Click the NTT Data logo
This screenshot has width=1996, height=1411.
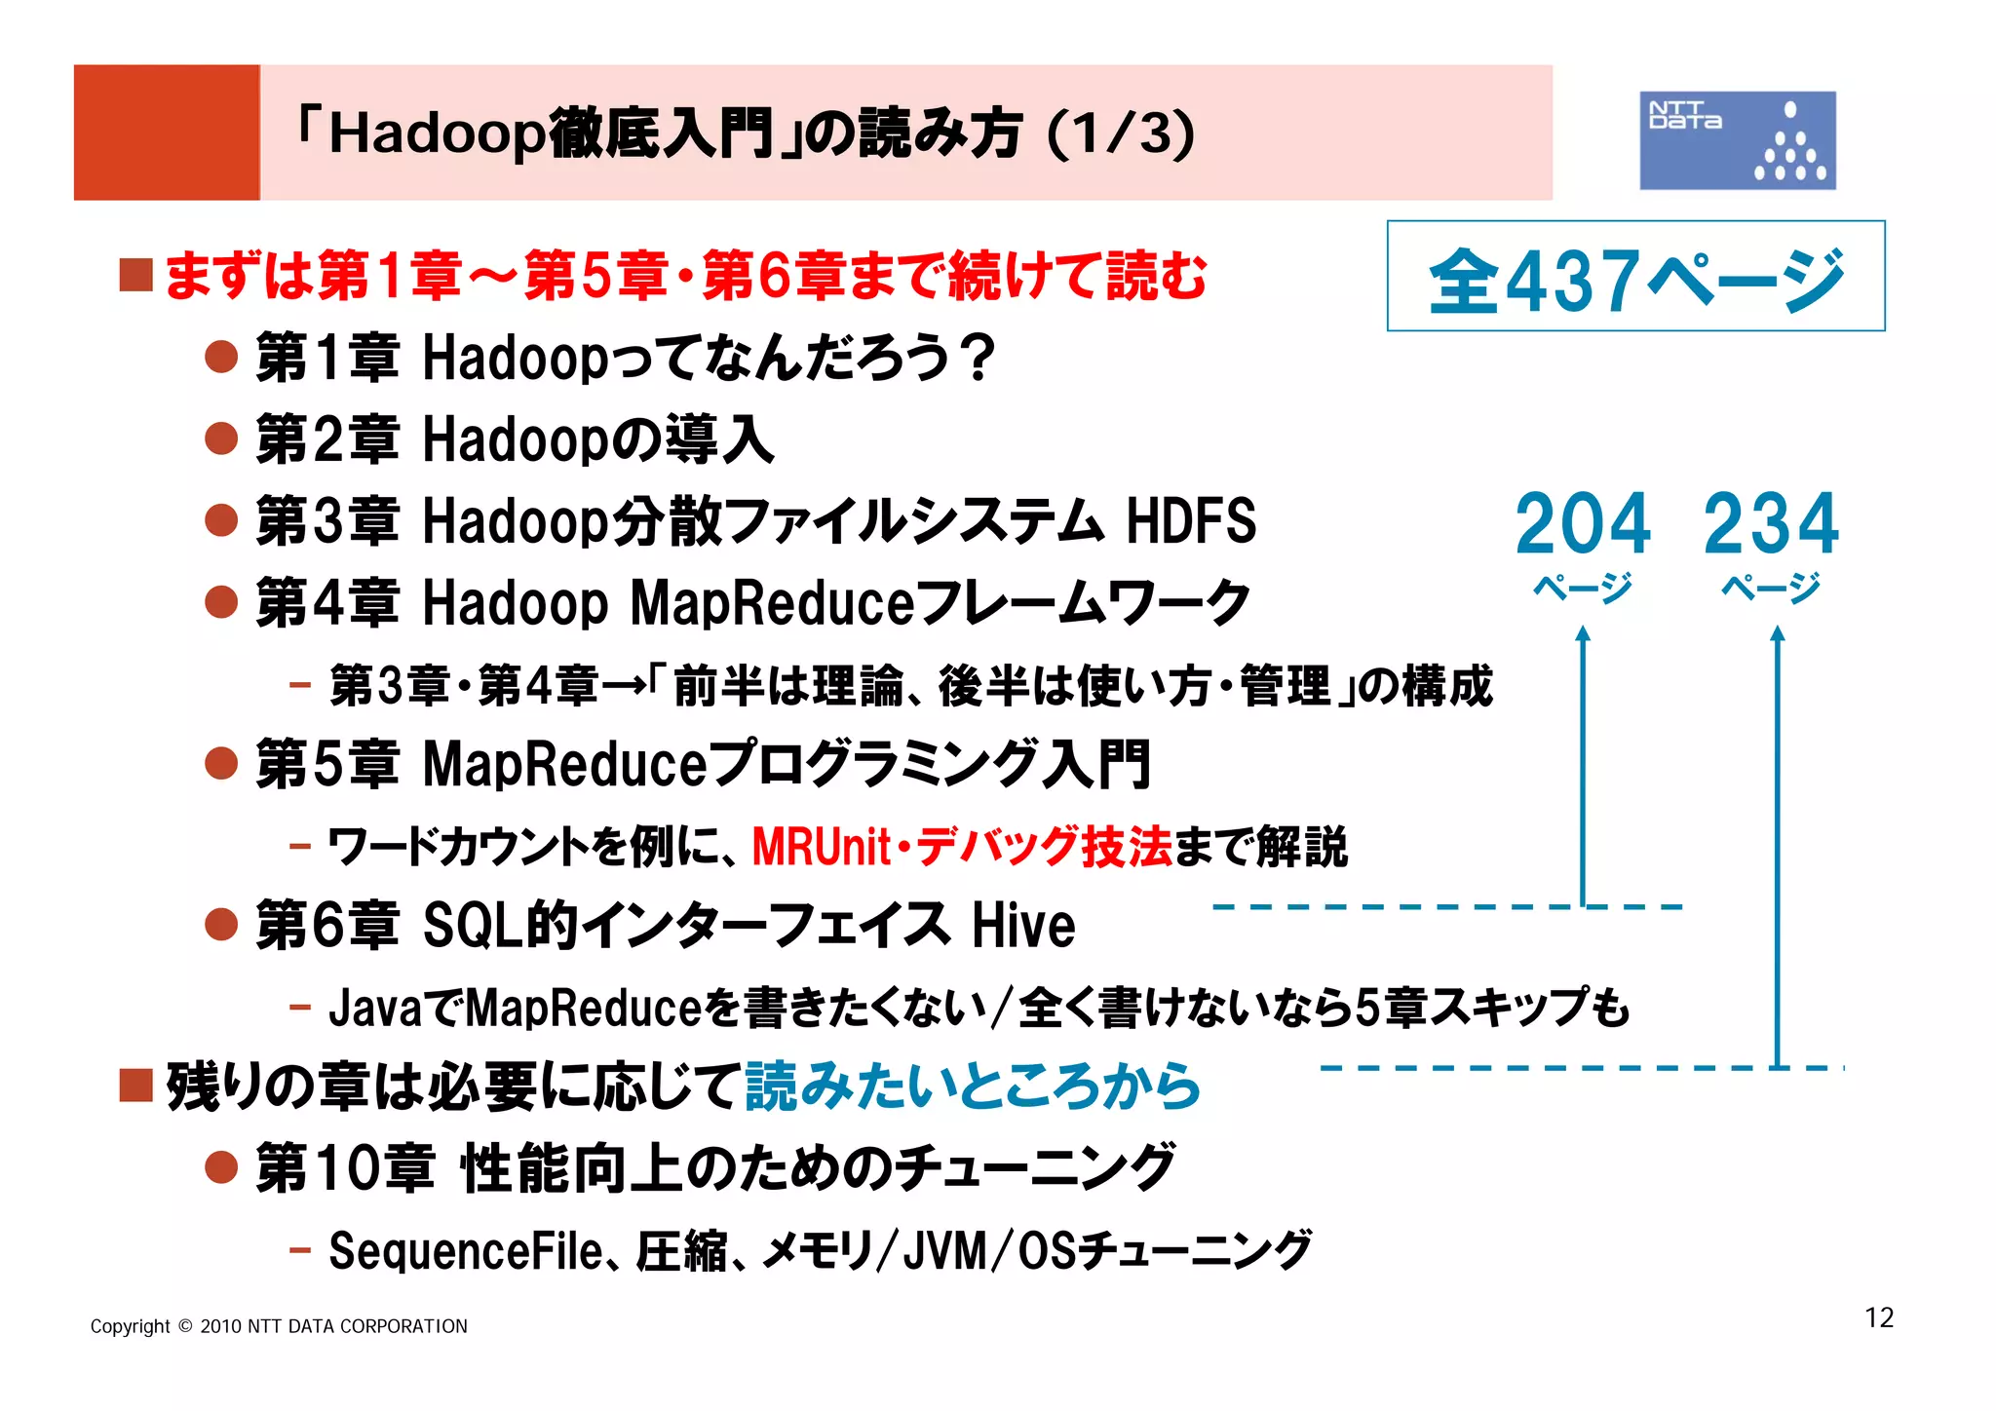pos(1737,140)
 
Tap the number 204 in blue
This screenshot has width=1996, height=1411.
pos(1583,524)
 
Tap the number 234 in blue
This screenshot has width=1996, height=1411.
pos(1771,524)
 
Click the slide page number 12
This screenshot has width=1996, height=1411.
pos(1878,1317)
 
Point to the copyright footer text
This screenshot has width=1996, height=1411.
pos(279,1326)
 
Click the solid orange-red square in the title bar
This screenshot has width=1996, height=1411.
pos(167,133)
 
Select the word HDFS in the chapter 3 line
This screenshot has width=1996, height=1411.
pos(1191,520)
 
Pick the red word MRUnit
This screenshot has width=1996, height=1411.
pos(822,846)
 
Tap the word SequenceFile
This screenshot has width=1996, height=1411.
pos(466,1250)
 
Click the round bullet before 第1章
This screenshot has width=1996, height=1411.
pos(222,357)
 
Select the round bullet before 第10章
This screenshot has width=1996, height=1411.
pos(222,1166)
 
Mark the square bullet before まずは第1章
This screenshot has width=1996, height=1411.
pos(135,275)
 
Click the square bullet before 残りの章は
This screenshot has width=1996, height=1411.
pos(135,1085)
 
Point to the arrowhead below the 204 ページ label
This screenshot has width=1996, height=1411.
pos(1583,635)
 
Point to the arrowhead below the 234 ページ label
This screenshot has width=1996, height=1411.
pos(1777,635)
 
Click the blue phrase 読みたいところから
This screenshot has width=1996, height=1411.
pos(972,1086)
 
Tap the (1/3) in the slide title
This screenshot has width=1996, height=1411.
pos(1121,133)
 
